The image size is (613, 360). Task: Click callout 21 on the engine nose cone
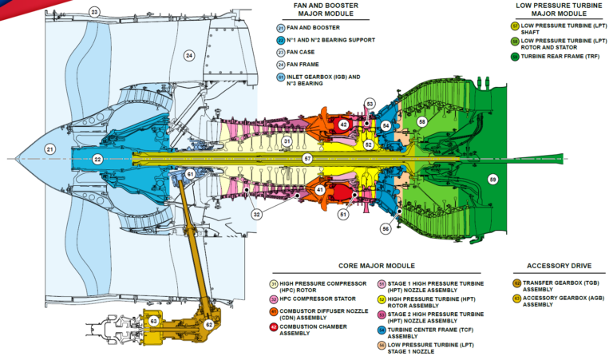49,149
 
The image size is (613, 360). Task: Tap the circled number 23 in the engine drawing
94,12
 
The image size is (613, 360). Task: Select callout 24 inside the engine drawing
189,55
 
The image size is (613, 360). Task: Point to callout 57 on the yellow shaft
306,159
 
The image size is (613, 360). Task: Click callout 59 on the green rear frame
492,180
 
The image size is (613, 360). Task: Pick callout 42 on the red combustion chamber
343,125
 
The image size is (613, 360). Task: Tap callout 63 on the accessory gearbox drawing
153,322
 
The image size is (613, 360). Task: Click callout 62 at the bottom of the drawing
209,325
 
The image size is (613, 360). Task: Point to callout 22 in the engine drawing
97,160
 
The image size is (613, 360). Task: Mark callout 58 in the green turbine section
422,121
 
